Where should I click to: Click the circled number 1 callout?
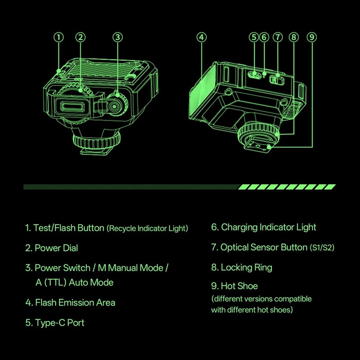[58, 37]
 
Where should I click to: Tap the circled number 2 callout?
[81, 37]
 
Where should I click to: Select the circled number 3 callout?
[117, 37]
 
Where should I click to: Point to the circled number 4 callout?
[202, 37]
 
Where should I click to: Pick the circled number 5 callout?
[254, 37]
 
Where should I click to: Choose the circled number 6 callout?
[264, 37]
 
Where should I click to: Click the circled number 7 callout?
[278, 37]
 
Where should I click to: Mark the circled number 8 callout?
[294, 37]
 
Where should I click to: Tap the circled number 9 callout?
[312, 37]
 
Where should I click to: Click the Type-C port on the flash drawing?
[254, 74]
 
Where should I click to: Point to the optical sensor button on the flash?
[277, 80]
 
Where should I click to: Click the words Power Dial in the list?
[56, 248]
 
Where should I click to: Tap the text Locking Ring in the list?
[246, 268]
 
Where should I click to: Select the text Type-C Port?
[60, 323]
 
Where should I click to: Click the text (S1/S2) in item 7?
[322, 248]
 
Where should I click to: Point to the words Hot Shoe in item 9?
[239, 286]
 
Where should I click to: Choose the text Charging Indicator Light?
[269, 227]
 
